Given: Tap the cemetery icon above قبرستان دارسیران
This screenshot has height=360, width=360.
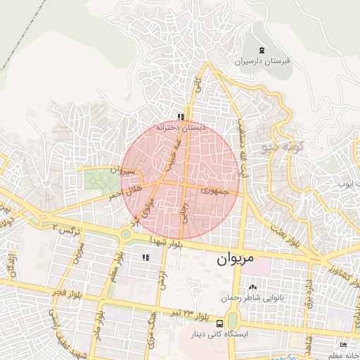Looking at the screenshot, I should [262, 50].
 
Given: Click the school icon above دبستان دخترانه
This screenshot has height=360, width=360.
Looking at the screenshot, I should [181, 117].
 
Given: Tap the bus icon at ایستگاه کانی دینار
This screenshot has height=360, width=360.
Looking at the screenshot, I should [221, 324].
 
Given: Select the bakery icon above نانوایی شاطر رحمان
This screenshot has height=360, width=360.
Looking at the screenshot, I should [253, 287].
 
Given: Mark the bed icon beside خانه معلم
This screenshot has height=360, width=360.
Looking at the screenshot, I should [342, 345].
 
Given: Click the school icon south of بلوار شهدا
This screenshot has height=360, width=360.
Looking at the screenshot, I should [146, 258].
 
